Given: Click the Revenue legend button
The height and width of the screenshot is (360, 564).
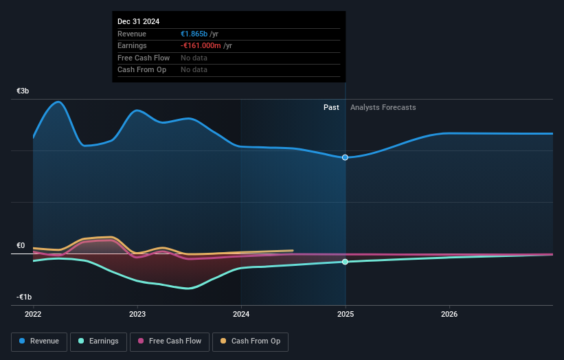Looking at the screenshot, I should (39, 341).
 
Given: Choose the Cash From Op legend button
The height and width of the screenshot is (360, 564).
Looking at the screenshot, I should (251, 341).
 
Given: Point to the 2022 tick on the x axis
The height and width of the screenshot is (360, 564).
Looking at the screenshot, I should (33, 314).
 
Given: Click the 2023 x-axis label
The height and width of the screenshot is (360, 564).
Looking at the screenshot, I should (137, 314).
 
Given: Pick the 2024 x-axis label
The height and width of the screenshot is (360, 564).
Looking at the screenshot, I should (241, 314).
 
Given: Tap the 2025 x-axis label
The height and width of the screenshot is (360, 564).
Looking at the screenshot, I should (346, 314).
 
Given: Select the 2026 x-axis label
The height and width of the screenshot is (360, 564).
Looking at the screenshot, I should (449, 314).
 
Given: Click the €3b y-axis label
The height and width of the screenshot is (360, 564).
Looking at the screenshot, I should (23, 91).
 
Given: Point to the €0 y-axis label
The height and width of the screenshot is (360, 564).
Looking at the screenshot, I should (21, 245).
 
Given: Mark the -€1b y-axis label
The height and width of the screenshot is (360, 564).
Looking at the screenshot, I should (23, 297).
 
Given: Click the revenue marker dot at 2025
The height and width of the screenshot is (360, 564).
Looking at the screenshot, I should (345, 157).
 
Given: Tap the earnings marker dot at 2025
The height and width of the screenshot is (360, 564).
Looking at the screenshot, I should (345, 262).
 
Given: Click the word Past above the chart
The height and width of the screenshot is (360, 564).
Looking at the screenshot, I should (331, 107).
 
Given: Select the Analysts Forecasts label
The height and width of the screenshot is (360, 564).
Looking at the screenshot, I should (383, 107).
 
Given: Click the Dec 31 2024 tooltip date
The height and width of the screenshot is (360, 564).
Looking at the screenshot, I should (138, 21).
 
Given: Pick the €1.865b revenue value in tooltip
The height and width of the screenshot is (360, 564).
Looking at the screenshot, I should (194, 34).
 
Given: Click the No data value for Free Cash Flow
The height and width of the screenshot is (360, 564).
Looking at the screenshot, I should (194, 58).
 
